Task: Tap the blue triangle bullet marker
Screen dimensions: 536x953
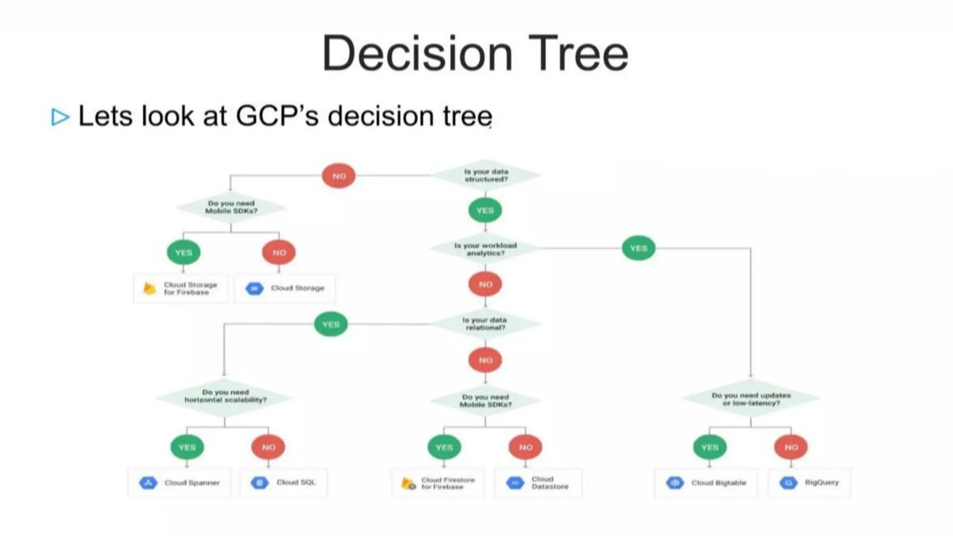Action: pos(60,117)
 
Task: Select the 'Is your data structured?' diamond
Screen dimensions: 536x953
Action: pos(486,175)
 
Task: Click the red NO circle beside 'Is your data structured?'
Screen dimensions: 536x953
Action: pos(339,176)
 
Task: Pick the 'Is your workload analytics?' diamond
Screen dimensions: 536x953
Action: pos(485,249)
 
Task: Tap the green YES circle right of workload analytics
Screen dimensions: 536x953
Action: pos(638,248)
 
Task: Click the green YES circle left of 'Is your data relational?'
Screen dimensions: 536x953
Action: pos(331,324)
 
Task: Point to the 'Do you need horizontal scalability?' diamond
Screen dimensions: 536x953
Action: pos(225,396)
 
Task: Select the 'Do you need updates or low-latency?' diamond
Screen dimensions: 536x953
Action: pos(751,399)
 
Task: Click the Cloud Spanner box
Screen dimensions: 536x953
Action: pos(179,483)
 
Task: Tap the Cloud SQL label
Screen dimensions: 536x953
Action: pos(296,482)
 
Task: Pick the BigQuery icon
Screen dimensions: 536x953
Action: pos(788,483)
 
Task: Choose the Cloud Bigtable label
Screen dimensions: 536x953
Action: pos(718,483)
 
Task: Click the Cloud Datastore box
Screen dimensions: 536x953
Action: pos(538,483)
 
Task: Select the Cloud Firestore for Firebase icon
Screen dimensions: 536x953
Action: pos(408,483)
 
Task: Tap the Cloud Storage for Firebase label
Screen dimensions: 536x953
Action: pos(190,288)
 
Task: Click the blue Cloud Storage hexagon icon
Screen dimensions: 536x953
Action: pos(255,288)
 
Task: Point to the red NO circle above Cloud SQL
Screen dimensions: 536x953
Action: pos(268,447)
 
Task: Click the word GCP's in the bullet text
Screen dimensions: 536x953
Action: pos(277,116)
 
